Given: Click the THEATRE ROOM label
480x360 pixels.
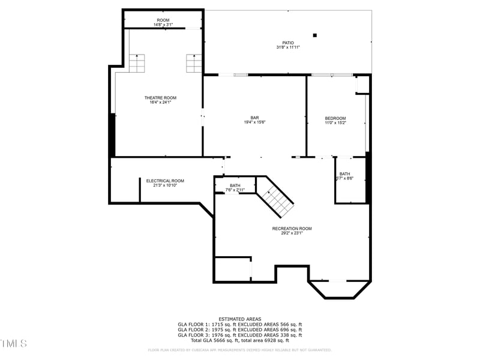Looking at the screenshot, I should [x=160, y=98].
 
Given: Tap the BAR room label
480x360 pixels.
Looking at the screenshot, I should [x=254, y=118].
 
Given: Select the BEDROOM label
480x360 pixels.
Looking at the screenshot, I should [x=335, y=118].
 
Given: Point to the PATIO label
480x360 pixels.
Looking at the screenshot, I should [x=288, y=43].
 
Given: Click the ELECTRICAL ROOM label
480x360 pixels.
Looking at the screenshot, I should [x=165, y=181].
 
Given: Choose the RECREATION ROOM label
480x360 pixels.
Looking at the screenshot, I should [x=292, y=229].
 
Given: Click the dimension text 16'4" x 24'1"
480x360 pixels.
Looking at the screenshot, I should [x=160, y=103].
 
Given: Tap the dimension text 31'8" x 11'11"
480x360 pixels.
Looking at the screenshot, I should [x=288, y=47].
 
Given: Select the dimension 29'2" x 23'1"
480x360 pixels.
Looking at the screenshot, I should [x=292, y=233].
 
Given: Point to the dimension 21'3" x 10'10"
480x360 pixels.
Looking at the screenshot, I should [x=165, y=185].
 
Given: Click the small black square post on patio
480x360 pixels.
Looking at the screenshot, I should [x=314, y=35].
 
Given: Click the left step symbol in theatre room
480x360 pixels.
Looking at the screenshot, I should [x=137, y=63].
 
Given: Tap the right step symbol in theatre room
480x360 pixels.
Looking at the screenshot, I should [x=194, y=63].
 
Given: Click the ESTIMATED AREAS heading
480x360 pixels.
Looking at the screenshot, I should [x=239, y=319].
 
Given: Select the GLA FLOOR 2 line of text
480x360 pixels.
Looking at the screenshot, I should [x=239, y=329].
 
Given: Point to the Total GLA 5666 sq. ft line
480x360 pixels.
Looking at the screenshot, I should [x=239, y=340].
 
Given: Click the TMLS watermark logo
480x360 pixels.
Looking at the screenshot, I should [x=13, y=344].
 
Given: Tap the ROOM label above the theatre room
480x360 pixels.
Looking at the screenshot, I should [x=163, y=20].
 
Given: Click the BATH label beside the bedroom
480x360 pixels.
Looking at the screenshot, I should [x=344, y=174].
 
